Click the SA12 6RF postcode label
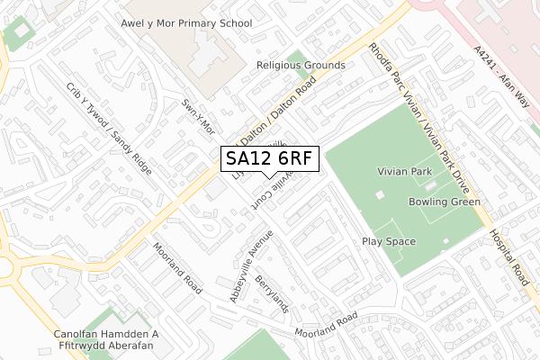point(269,159)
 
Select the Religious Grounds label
point(301,66)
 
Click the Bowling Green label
point(442,202)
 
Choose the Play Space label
point(389,241)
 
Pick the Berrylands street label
point(271,293)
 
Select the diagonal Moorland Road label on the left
point(176,263)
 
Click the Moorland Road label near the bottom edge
point(329,326)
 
